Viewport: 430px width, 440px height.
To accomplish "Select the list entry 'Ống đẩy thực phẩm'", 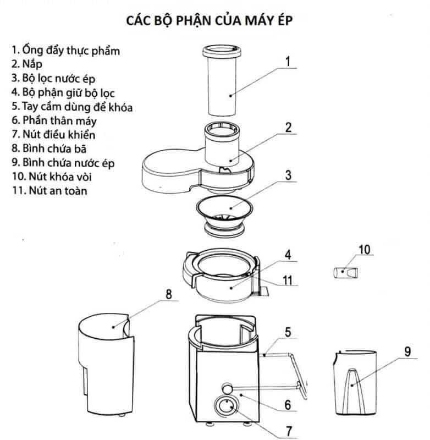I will [x=65, y=50].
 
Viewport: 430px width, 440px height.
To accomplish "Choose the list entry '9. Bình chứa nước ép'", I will [x=63, y=163].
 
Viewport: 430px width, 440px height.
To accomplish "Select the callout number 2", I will [x=287, y=127].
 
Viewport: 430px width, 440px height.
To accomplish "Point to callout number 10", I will [x=365, y=250].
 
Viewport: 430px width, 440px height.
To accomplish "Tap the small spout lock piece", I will [x=345, y=272].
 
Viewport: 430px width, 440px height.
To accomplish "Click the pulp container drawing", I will [x=107, y=363].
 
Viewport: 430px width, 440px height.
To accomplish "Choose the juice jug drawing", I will [x=354, y=380].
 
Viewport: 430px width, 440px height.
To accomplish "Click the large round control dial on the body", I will [x=226, y=409].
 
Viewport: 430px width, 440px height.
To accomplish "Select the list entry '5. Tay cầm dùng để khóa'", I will [x=71, y=106].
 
